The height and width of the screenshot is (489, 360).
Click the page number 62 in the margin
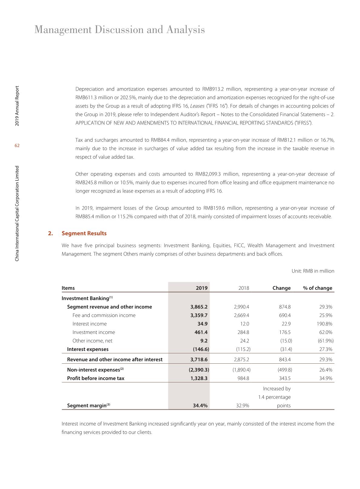[17, 146]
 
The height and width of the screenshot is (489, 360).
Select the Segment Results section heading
[84, 233]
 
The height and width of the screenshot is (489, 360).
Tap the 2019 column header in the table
[201, 288]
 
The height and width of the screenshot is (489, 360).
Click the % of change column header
[317, 288]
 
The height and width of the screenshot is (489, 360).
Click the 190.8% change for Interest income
[323, 324]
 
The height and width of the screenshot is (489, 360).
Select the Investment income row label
[93, 332]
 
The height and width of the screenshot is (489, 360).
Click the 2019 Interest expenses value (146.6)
[201, 349]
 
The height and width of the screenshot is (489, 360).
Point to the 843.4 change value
[283, 359]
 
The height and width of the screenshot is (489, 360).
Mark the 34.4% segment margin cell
[200, 405]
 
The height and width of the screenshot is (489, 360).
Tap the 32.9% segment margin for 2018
[243, 405]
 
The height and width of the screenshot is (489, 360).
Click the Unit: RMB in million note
[313, 271]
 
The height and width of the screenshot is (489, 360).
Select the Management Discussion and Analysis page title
[119, 30]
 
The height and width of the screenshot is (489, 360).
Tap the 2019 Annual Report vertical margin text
[17, 106]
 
